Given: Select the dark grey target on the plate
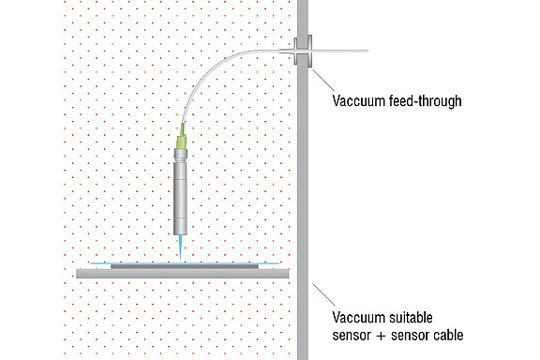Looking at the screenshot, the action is (x=184, y=266).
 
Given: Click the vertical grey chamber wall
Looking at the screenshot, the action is (x=302, y=187).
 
